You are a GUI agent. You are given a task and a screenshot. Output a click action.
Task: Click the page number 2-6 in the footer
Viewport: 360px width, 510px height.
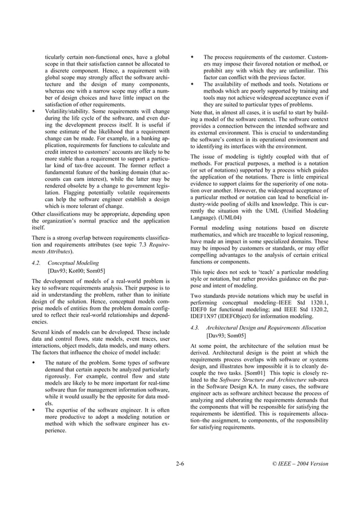point(180,464)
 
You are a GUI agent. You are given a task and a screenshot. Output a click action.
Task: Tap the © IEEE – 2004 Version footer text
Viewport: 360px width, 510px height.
point(299,464)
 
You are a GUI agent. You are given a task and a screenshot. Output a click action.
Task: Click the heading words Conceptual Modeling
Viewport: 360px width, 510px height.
point(73,263)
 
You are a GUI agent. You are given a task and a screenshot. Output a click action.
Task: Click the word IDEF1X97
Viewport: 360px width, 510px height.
point(206,317)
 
